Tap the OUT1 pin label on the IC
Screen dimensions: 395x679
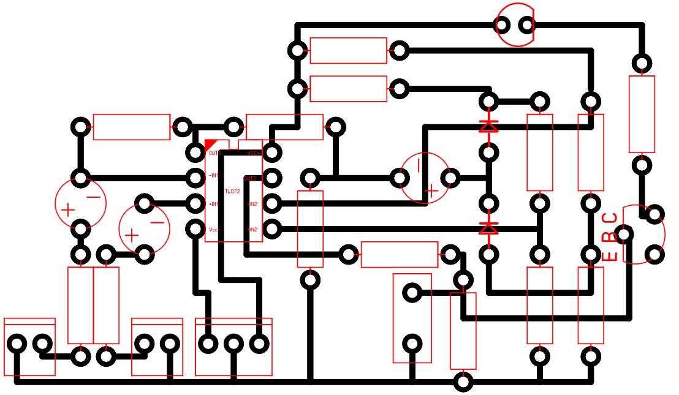tap(214, 152)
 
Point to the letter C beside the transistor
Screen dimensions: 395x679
tap(610, 219)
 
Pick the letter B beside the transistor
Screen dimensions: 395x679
tap(610, 236)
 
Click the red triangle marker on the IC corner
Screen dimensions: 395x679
tap(210, 144)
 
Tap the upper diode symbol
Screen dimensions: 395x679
tap(488, 127)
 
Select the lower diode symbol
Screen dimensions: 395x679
tap(488, 228)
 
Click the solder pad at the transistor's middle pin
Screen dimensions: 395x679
tap(624, 233)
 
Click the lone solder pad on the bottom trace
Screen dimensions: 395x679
tap(463, 383)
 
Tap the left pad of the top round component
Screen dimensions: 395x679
tap(502, 25)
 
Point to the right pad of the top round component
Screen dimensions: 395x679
tap(526, 25)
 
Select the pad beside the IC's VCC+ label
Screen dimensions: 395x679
tap(271, 152)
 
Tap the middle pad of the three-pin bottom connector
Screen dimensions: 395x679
tap(233, 344)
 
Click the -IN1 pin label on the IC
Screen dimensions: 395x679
tap(213, 176)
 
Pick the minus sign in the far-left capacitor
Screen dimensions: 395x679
tap(93, 197)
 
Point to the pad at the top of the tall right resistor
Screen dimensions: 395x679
tap(642, 63)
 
